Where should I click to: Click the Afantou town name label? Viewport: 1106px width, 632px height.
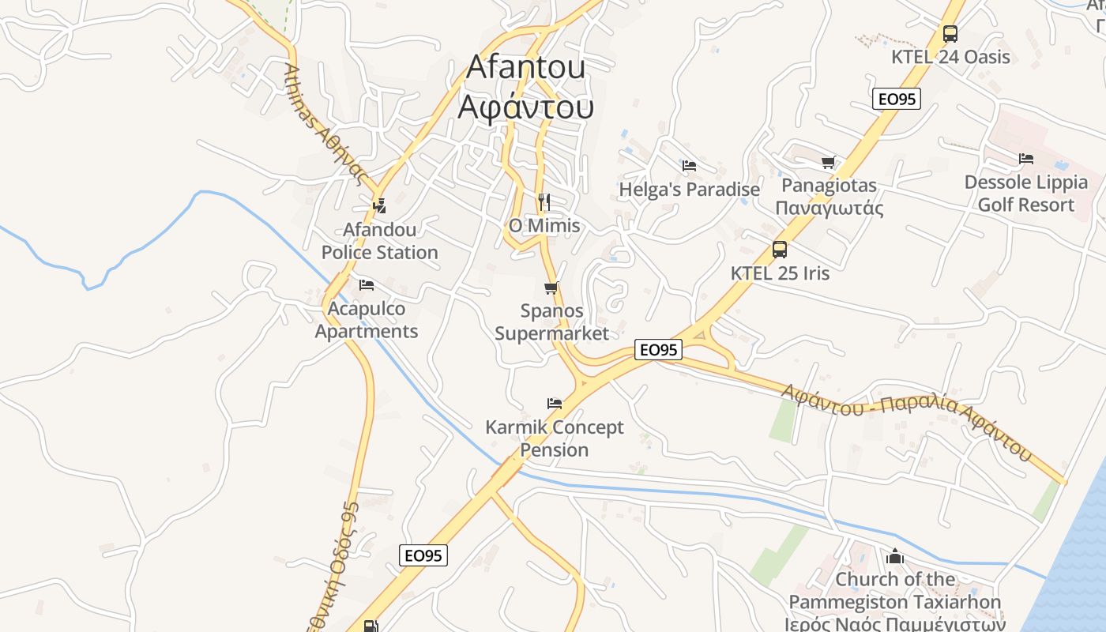[525, 86]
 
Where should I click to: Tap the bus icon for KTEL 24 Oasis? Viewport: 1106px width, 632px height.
[950, 34]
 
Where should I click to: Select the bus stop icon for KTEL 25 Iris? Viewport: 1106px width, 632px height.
[780, 250]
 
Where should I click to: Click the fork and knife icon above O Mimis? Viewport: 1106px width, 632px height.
[544, 202]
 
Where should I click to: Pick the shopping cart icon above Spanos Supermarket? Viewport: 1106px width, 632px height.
[551, 288]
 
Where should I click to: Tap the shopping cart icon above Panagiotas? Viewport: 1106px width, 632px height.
[828, 163]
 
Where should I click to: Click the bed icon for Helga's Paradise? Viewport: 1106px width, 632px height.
[689, 166]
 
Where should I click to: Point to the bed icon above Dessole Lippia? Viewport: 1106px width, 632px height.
[1025, 160]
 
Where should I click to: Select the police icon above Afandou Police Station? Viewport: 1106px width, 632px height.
[379, 206]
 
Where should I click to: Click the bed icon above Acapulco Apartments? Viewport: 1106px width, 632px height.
[366, 285]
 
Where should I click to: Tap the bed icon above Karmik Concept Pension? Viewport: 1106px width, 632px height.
[555, 404]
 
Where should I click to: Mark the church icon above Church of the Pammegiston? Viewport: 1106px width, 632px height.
[895, 556]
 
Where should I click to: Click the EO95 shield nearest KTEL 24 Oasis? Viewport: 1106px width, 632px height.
[897, 99]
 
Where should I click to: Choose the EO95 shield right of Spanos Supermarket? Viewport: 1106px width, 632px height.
[658, 349]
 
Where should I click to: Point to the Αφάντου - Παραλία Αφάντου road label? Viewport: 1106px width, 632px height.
[906, 420]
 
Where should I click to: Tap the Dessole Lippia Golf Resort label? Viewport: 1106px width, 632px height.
[1026, 194]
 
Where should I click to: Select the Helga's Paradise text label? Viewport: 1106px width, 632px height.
[689, 190]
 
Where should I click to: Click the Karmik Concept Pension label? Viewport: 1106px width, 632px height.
[555, 438]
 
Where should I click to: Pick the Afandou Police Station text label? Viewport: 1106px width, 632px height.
[379, 241]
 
